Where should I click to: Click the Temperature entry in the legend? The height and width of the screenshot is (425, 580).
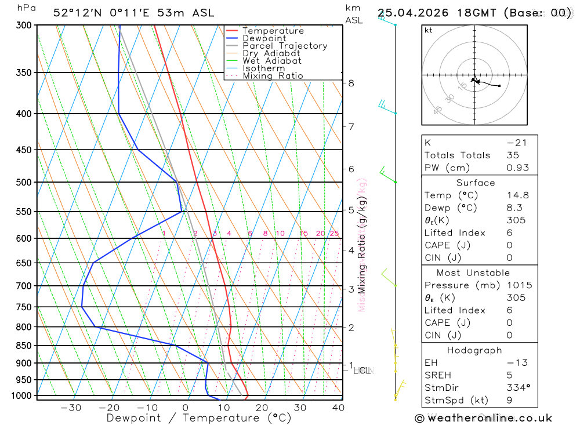273,31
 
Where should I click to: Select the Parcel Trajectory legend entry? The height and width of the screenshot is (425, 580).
284,46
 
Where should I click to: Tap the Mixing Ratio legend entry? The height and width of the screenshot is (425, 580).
273,76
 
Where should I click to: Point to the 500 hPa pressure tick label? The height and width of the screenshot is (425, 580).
24,182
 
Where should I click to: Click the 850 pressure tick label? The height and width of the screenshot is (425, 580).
24,346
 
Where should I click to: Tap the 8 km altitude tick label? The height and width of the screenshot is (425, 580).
351,83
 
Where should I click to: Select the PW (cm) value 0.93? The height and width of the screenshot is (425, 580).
517,168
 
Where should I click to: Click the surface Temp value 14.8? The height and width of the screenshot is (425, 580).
517,195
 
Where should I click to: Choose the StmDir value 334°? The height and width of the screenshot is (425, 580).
517,388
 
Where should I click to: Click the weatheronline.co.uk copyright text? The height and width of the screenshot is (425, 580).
484,418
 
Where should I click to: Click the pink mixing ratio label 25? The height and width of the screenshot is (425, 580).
334,234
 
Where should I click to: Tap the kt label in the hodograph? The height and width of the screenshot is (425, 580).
429,30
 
